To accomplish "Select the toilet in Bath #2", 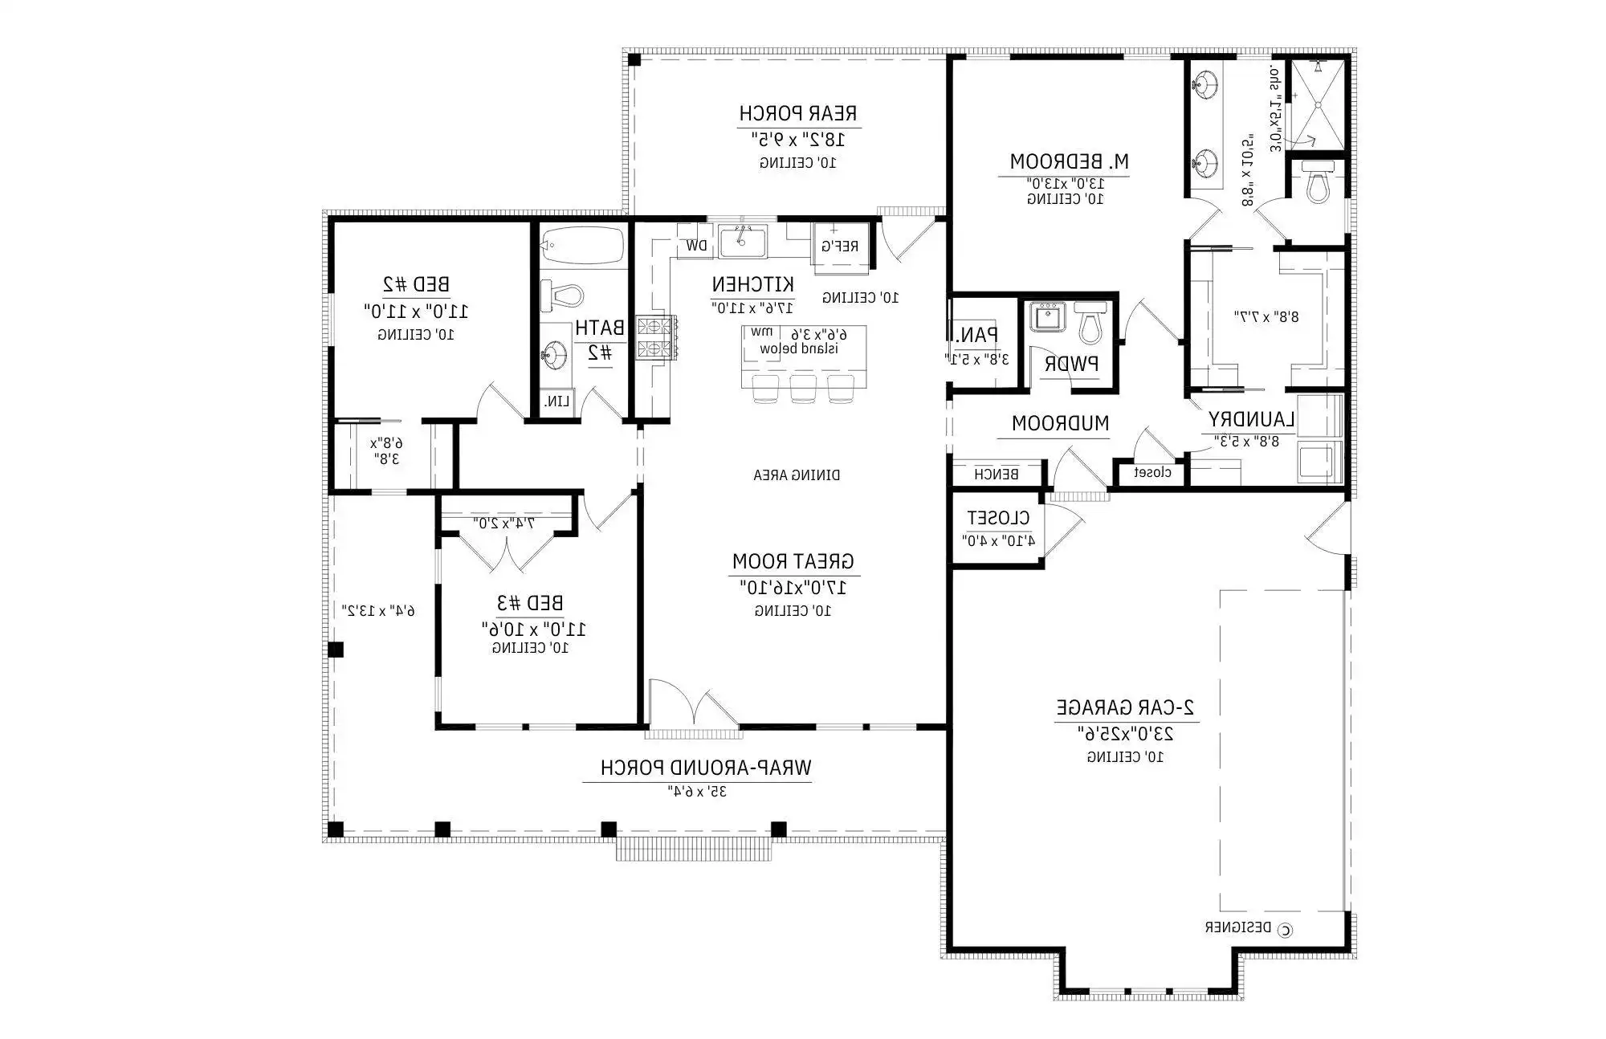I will tap(561, 295).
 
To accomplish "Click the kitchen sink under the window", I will tap(742, 241).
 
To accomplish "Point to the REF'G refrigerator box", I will tap(840, 246).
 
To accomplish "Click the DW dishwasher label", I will tap(696, 246).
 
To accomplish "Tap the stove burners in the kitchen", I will tap(654, 337).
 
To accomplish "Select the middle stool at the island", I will tap(802, 388).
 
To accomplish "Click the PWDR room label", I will tap(1070, 364).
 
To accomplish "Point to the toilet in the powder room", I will tap(1090, 324).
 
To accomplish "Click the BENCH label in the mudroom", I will tap(997, 474).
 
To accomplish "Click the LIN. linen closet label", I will tap(556, 401).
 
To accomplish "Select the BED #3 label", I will tap(529, 602).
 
